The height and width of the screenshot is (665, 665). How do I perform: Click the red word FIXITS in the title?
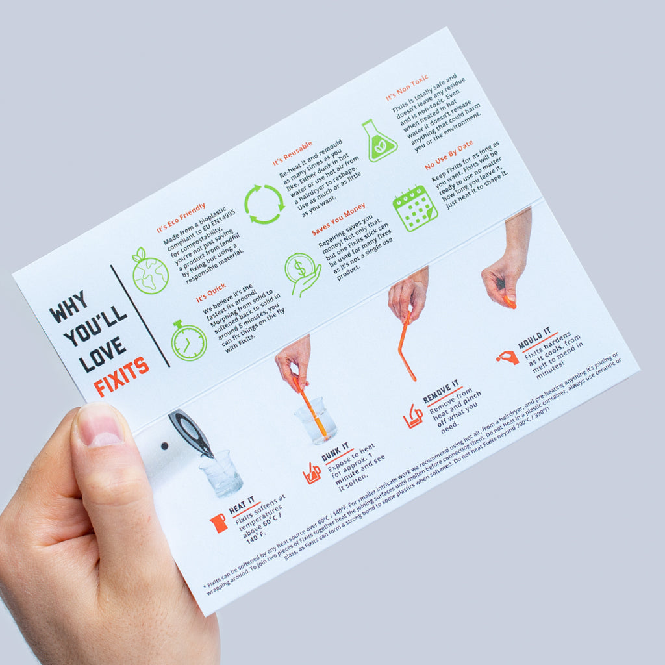[x=121, y=377]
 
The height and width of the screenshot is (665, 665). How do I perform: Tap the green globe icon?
[x=149, y=271]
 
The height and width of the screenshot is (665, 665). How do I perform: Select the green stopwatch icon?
[x=188, y=340]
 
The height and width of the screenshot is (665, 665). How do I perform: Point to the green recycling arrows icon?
[x=264, y=204]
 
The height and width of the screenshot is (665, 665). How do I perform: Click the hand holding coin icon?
[x=302, y=275]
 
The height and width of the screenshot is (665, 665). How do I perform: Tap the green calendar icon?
[x=414, y=208]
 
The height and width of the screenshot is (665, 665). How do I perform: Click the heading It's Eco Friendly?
[x=181, y=218]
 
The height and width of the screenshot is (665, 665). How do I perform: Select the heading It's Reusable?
[x=293, y=153]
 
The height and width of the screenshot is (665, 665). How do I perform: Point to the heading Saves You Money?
[x=338, y=219]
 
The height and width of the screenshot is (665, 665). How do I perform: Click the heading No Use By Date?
[x=449, y=155]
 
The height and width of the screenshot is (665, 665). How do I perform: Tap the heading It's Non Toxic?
[x=407, y=88]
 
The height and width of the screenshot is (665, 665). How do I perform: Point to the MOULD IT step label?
[x=534, y=338]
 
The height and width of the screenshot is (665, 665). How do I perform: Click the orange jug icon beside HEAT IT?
[x=218, y=523]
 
